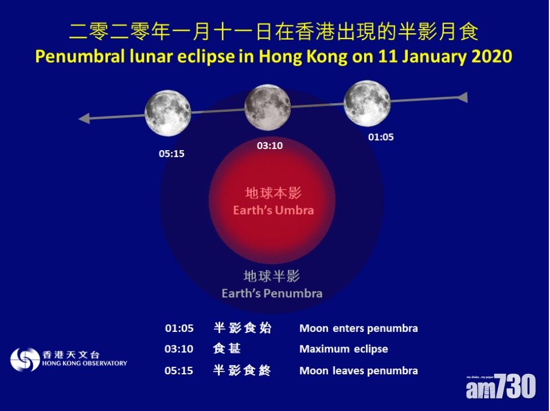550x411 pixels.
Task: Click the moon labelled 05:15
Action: tap(168, 113)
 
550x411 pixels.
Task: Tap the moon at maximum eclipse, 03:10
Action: tap(267, 107)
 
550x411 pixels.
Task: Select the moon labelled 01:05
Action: tap(367, 104)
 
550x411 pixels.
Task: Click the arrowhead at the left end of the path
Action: tap(84, 118)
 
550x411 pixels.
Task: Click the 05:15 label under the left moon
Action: tap(171, 154)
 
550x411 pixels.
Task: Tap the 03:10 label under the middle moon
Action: tap(270, 146)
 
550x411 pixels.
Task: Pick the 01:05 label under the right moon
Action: tap(381, 137)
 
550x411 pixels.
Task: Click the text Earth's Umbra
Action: tap(274, 210)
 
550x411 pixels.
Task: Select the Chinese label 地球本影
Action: tap(273, 193)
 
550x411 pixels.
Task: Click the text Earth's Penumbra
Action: tap(272, 293)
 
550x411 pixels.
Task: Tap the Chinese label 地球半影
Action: tap(272, 277)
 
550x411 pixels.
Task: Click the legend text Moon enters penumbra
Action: tap(358, 328)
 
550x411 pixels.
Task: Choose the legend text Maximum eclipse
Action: tap(344, 349)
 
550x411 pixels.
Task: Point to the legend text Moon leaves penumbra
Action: tap(358, 371)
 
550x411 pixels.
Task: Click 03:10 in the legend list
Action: tap(179, 349)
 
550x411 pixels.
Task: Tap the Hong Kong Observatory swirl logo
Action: tap(25, 359)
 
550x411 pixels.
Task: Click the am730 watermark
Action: tap(501, 386)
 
